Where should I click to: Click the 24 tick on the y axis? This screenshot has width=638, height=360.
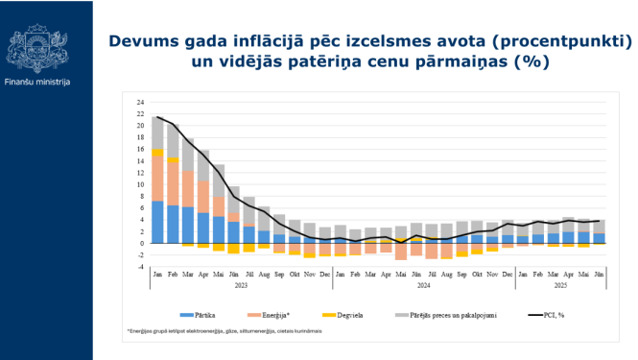point(140,102)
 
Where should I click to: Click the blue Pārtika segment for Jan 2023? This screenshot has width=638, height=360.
point(158,222)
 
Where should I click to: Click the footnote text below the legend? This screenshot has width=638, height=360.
point(223,330)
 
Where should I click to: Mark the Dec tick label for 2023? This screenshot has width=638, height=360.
point(325,274)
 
